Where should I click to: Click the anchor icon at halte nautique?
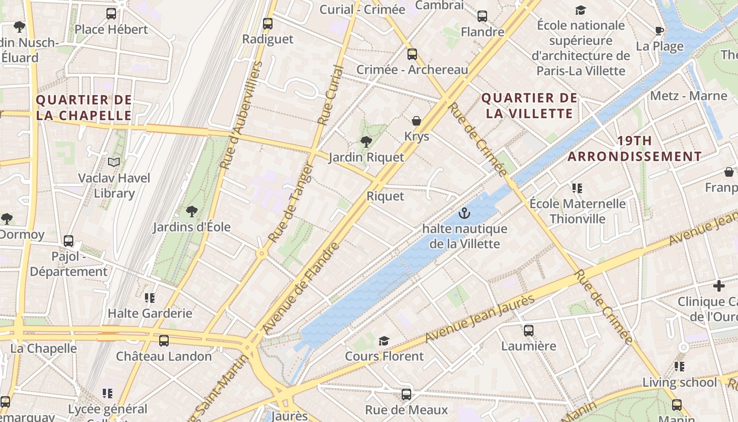click(464, 213)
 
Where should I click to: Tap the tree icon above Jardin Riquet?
click(366, 141)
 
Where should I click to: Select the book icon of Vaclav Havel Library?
click(114, 162)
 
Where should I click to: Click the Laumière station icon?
click(529, 331)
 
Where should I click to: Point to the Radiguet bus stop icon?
click(268, 24)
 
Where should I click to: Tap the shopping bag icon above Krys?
click(416, 121)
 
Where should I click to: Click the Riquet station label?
click(385, 196)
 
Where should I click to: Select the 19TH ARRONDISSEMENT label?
click(635, 149)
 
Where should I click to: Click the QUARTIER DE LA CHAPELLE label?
click(84, 108)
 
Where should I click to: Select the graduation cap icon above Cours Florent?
click(384, 341)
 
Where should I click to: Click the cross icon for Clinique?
click(718, 286)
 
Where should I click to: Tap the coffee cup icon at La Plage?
click(659, 31)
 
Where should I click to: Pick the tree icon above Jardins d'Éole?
click(192, 212)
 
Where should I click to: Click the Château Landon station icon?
click(164, 341)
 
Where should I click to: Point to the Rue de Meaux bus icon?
click(406, 395)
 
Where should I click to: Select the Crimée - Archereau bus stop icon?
click(412, 54)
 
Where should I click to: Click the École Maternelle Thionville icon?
click(577, 188)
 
